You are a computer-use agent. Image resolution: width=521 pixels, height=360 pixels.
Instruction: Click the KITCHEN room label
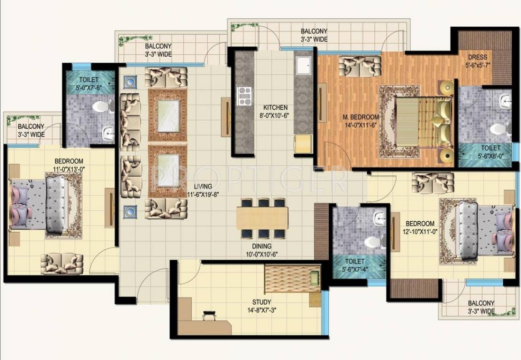[275, 107]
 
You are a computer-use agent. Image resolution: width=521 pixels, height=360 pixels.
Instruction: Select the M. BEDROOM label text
[361, 117]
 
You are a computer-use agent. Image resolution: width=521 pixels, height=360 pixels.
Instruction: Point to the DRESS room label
[477, 57]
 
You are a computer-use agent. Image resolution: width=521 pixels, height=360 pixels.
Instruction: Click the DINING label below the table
[260, 246]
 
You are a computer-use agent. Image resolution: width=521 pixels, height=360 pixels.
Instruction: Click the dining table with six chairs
[263, 218]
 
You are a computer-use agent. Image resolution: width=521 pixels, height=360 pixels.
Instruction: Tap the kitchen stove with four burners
[245, 96]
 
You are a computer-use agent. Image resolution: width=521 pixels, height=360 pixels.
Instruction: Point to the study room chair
[209, 316]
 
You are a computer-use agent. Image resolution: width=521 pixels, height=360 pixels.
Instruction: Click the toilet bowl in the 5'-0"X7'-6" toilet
[100, 107]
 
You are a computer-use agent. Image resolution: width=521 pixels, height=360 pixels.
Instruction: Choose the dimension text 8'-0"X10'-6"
[275, 116]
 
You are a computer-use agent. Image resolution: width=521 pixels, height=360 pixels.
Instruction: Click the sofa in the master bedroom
[359, 67]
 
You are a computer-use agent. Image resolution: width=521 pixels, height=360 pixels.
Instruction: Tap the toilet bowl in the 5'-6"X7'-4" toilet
[372, 242]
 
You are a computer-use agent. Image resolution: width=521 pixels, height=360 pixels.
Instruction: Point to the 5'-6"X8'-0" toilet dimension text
[490, 156]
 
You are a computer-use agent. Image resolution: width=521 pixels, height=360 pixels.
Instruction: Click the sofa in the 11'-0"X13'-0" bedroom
[61, 263]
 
